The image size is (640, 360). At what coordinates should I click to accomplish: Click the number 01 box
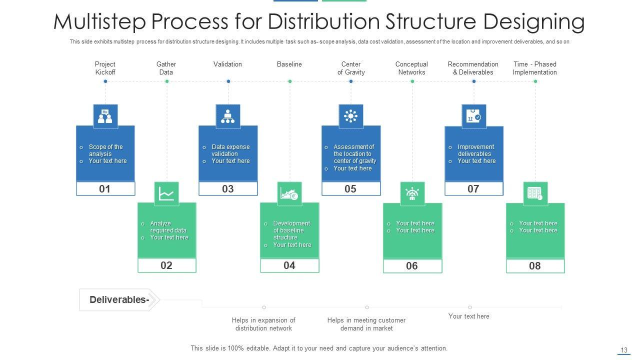coord(105,188)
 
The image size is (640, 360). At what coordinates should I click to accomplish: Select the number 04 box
coord(289,265)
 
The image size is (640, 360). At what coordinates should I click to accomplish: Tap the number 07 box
coord(473,188)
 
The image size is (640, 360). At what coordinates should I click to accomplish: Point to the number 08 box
coord(535,266)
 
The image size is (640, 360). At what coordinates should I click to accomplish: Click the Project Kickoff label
coord(105,68)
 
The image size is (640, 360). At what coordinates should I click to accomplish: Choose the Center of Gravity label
coord(351,68)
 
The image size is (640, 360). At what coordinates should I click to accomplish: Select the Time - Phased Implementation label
coord(534,68)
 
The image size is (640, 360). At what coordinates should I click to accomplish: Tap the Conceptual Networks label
coord(411,68)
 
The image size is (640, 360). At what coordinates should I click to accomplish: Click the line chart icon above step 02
coord(166,193)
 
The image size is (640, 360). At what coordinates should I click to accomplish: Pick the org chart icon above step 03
coord(228,116)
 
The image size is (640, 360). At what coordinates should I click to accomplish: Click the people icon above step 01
coord(105,116)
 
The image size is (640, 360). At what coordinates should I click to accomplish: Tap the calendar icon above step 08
coord(535,193)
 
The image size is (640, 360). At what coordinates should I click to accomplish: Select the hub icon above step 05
coord(351,116)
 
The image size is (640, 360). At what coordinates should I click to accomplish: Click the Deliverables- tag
coord(119,300)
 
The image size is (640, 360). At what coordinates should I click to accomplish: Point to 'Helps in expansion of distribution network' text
coord(263,324)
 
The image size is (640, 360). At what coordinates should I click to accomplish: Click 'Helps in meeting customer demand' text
coord(366,324)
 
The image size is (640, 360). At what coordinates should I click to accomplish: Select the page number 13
coord(623,350)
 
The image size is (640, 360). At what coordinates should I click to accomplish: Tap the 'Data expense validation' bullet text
coord(230,150)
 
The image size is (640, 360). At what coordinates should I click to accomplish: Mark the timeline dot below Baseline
coord(290,81)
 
